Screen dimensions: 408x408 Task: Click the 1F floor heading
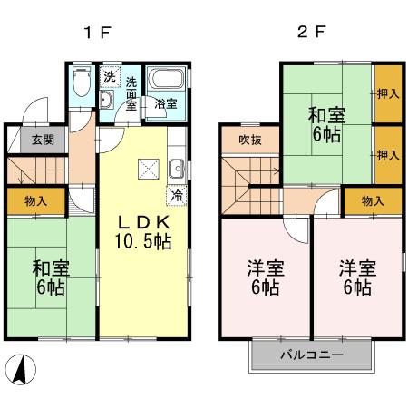coord(97,34)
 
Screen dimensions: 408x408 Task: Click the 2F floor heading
coord(310,34)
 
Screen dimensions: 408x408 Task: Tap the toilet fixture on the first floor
coord(81,83)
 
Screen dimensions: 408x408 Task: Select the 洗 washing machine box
coord(109,75)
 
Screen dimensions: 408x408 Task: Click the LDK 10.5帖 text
coord(141,231)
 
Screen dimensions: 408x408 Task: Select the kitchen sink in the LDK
coord(177,168)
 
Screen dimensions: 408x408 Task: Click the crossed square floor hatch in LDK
coord(147,169)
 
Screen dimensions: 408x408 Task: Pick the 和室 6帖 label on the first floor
coord(49,277)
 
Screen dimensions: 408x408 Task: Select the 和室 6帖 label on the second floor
coord(325,125)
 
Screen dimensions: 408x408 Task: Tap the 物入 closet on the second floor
coord(370,201)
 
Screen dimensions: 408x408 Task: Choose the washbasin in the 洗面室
coord(106,99)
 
